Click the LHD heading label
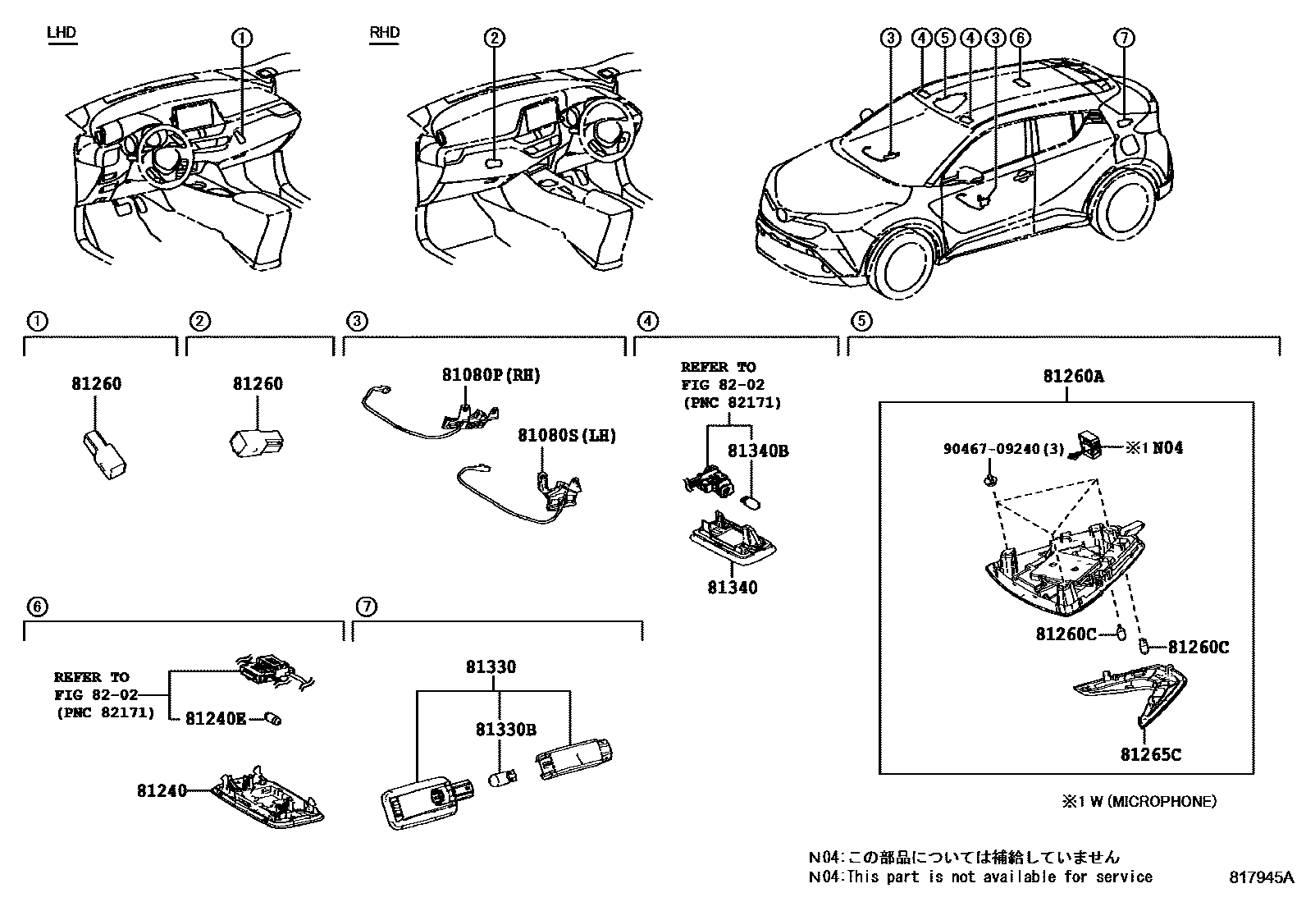(x=62, y=33)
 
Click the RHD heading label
(x=384, y=33)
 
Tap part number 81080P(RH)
(x=491, y=375)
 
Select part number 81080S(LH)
(x=566, y=435)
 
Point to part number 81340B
(x=758, y=451)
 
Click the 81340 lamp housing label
(x=732, y=588)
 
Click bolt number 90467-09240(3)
(x=1003, y=449)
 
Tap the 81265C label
(x=1151, y=754)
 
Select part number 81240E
(x=215, y=718)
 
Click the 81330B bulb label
(x=506, y=729)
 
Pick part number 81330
(x=491, y=667)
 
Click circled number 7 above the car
(x=1124, y=38)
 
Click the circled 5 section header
(x=861, y=322)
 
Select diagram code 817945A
(x=1260, y=877)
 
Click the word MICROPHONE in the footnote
(x=1165, y=801)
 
